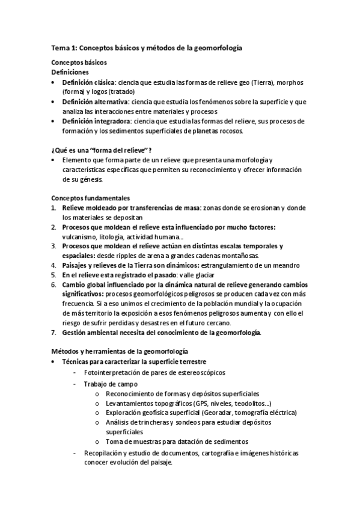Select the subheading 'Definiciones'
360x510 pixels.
point(71,72)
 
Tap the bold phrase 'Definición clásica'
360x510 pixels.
point(90,82)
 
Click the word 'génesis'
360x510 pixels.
point(91,179)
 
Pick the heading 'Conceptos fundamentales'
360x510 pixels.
point(91,198)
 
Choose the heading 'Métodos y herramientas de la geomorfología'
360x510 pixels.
point(120,351)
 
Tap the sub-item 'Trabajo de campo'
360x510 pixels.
point(111,384)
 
